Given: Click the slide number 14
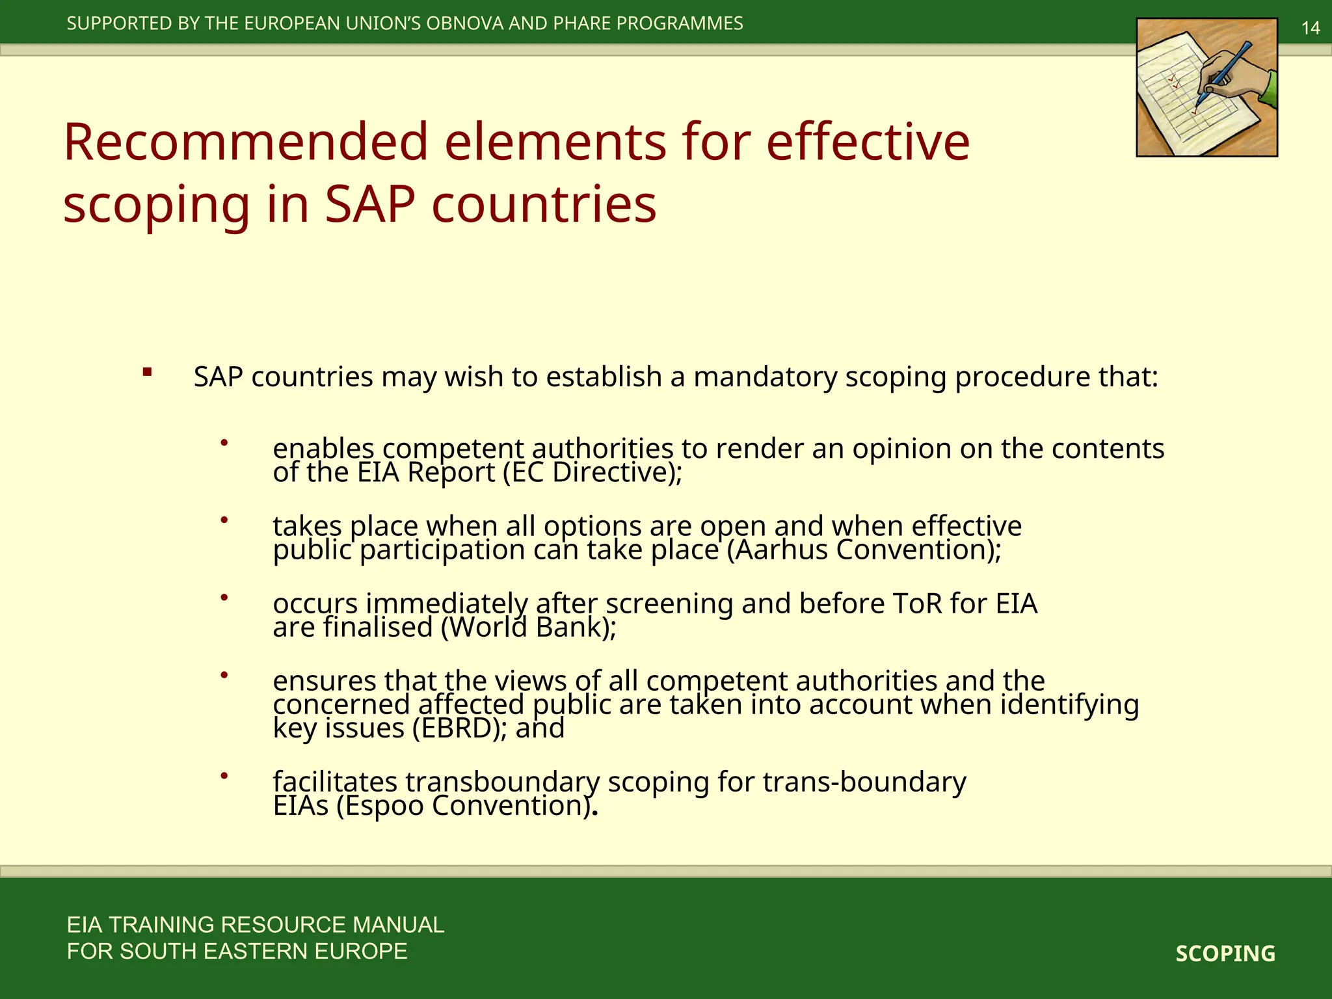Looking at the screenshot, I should [1310, 28].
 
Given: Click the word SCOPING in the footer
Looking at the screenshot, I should [1225, 953].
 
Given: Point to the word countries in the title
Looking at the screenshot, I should [544, 204].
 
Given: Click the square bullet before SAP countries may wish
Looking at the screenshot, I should [148, 373].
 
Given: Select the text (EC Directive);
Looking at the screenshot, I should [593, 473].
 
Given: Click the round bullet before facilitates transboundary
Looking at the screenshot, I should [224, 775].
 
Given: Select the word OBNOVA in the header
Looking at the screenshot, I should [464, 23].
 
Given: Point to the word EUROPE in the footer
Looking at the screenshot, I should [360, 952].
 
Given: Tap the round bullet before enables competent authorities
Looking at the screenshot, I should [224, 443].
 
